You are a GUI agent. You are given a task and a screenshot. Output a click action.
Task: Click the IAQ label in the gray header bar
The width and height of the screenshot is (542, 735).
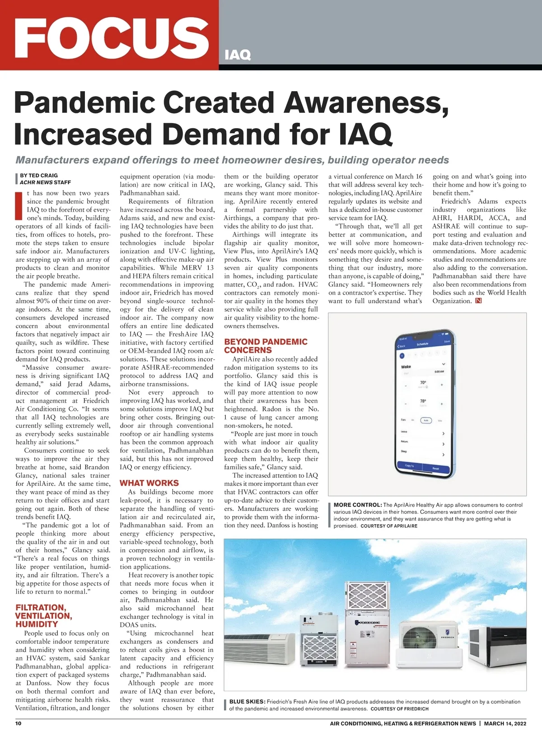click(x=238, y=55)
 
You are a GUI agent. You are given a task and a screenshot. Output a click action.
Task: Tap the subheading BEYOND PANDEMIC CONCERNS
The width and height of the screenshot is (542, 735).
click(x=266, y=346)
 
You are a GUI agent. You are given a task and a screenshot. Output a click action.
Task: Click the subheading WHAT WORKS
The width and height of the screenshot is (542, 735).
click(x=149, y=483)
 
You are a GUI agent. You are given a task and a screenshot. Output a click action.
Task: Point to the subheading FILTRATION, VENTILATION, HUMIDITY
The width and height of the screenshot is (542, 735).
click(x=44, y=616)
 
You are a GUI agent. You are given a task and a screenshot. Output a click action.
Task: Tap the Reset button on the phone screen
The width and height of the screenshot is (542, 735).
click(x=435, y=469)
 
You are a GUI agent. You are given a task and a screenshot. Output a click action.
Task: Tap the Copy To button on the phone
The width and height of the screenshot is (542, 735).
click(x=410, y=465)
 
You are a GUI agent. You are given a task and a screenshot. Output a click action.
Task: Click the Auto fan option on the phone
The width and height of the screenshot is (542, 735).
click(x=426, y=420)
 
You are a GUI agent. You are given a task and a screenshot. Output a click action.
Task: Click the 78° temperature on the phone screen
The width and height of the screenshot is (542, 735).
click(x=423, y=401)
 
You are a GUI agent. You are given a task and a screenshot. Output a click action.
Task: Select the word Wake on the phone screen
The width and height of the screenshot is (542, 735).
click(x=406, y=367)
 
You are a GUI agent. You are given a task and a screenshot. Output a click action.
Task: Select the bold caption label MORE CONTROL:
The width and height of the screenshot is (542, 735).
click(x=358, y=505)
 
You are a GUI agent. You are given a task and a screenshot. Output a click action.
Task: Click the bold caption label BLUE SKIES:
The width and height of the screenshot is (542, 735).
click(x=247, y=702)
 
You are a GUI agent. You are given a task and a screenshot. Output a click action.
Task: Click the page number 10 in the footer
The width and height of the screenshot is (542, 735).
click(x=19, y=723)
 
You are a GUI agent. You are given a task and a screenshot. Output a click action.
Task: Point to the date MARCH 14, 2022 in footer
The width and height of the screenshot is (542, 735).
click(x=505, y=723)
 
